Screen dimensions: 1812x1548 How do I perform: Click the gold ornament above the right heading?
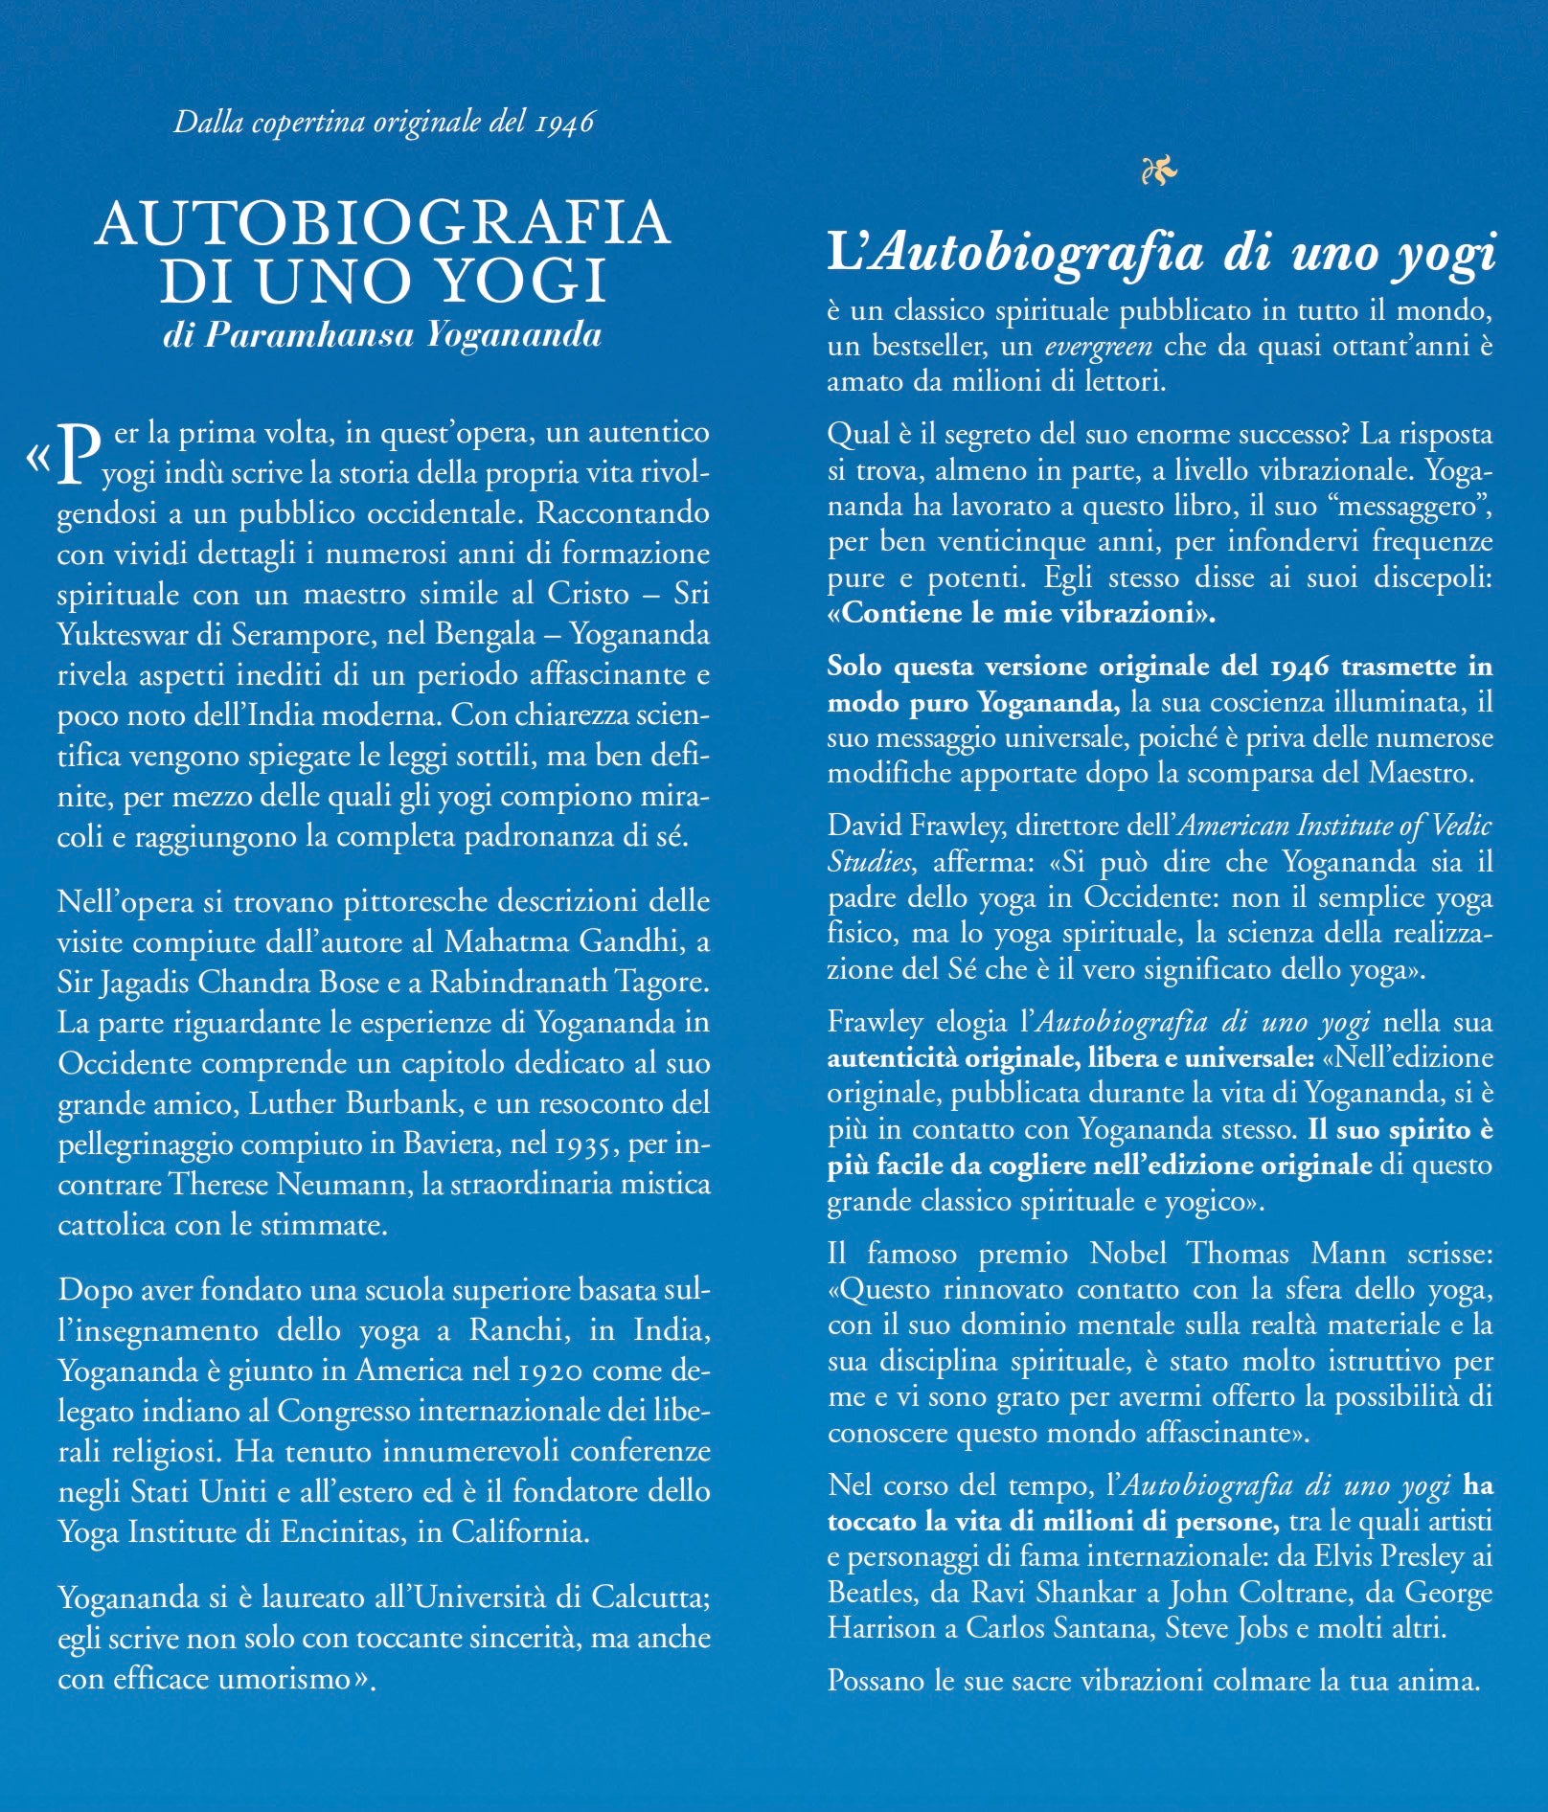click(x=1159, y=172)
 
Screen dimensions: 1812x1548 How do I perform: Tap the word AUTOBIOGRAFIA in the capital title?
click(x=382, y=222)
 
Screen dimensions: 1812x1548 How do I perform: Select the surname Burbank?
click(x=413, y=1104)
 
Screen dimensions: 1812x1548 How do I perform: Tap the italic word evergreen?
click(x=1099, y=346)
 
